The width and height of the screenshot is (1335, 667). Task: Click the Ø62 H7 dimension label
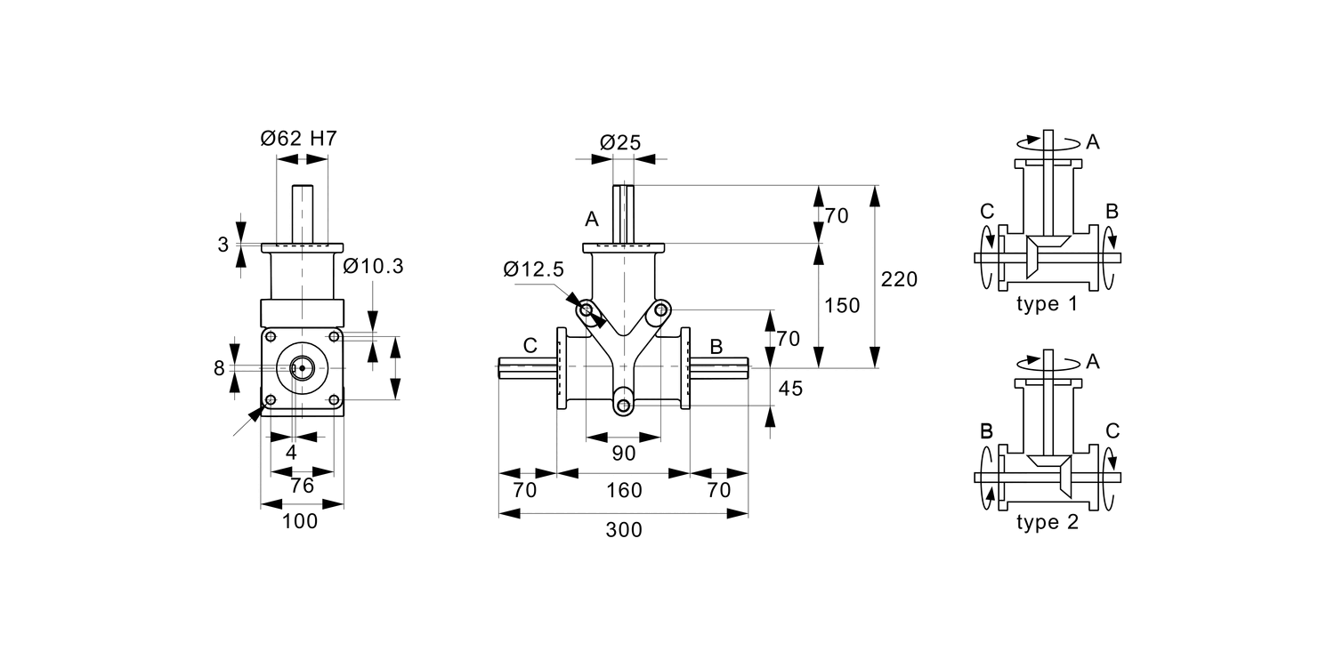(298, 139)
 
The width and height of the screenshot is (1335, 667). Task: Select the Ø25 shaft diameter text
(620, 141)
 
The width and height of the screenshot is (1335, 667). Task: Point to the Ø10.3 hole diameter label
(373, 265)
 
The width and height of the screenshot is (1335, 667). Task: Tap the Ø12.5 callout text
(533, 269)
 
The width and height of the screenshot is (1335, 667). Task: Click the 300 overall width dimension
(623, 530)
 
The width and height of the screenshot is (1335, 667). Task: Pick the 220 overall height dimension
(899, 278)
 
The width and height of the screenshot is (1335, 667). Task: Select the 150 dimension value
(842, 306)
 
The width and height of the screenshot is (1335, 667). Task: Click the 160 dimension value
(623, 491)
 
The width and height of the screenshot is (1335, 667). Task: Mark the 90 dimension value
(624, 454)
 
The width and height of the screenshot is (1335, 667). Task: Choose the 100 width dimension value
(300, 522)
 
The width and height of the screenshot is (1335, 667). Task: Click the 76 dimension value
(303, 486)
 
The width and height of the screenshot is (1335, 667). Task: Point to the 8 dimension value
(219, 368)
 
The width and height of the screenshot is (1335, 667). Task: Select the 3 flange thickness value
(223, 245)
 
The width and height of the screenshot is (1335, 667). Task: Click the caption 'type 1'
(1047, 304)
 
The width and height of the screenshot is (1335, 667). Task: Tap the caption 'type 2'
(1047, 522)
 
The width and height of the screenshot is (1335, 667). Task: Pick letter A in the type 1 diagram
(1093, 141)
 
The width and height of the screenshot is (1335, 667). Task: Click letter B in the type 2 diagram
(985, 431)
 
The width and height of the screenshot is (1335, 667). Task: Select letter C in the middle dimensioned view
(530, 345)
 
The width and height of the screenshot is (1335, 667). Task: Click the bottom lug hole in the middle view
(624, 406)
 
